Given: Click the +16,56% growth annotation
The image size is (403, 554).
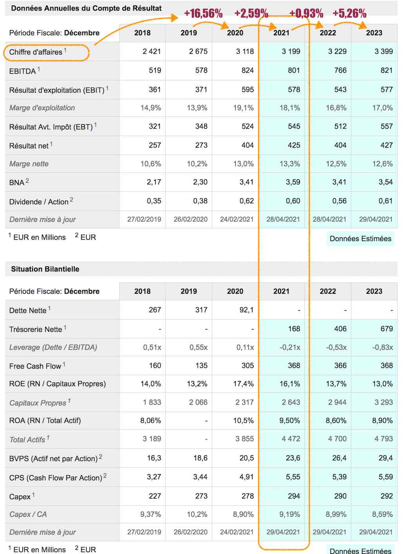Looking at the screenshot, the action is (203, 13).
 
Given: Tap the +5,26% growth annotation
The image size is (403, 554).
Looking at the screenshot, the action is (349, 13).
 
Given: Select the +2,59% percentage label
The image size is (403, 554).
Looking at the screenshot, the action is (251, 13).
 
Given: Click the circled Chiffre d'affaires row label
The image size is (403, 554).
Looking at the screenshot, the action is (36, 52).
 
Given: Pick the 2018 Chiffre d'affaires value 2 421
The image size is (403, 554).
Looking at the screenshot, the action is (152, 51).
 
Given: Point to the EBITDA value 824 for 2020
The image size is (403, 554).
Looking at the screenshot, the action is (248, 71).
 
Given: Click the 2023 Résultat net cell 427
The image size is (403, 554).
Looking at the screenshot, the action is (387, 145).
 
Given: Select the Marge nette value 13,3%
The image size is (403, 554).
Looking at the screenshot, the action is (290, 164).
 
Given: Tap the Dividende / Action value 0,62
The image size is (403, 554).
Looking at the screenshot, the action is (247, 201).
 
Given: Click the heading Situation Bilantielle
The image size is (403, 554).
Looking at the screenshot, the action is (45, 269).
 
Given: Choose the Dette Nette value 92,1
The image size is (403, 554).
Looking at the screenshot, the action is (247, 310).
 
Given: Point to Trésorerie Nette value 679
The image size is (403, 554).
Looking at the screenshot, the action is (387, 329).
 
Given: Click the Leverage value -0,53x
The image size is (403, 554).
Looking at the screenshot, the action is (336, 348).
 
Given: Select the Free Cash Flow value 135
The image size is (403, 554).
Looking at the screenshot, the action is (201, 366).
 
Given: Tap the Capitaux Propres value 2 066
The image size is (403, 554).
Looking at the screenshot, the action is (198, 402).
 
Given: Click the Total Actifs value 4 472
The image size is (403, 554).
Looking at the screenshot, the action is (291, 439).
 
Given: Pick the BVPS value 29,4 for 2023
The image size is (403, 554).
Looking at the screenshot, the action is (386, 458).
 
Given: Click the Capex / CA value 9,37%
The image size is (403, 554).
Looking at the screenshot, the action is (151, 514).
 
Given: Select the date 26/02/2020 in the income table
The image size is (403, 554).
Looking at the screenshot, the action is (191, 219).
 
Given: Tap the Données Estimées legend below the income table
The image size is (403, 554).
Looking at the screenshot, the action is (360, 239).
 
